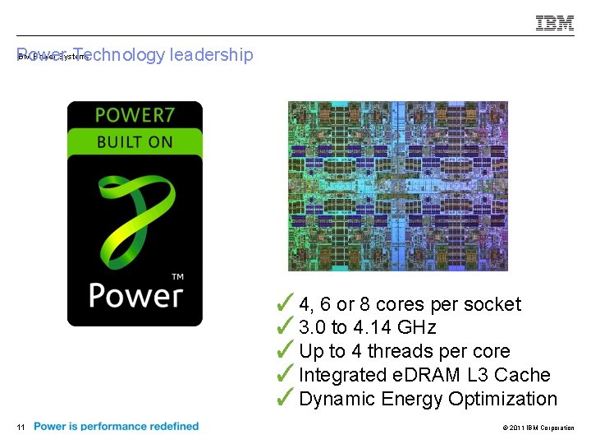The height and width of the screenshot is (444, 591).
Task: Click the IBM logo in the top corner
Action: [x=555, y=24]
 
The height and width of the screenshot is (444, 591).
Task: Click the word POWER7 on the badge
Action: [x=135, y=115]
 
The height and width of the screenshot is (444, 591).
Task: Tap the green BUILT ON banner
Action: [x=135, y=141]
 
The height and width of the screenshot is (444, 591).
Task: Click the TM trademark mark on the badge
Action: [x=177, y=277]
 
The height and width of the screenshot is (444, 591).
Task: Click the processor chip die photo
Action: [x=397, y=186]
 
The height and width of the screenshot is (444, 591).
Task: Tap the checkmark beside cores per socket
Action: [x=286, y=303]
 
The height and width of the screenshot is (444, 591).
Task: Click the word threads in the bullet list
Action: [x=400, y=351]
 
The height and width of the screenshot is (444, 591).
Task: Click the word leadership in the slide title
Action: [x=211, y=55]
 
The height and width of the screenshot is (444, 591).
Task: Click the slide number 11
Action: [x=21, y=427]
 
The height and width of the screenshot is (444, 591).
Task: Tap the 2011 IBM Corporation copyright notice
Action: [x=537, y=428]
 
